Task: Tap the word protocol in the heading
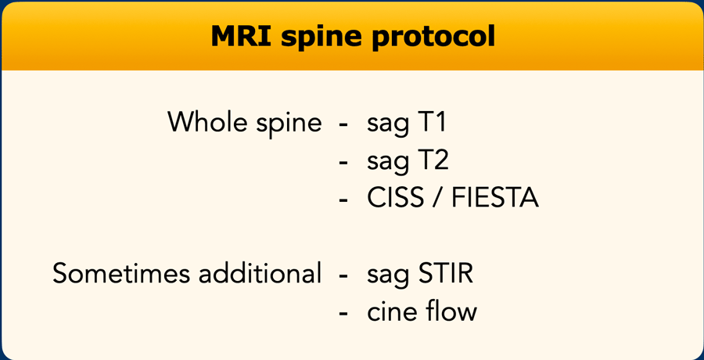coord(428,38)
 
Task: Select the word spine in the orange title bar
coord(317,38)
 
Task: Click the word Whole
coord(208,121)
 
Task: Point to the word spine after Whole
coord(289,124)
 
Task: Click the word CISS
coord(396,198)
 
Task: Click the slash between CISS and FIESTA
coord(437,199)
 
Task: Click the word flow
coord(450,311)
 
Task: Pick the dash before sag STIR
coord(344,275)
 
